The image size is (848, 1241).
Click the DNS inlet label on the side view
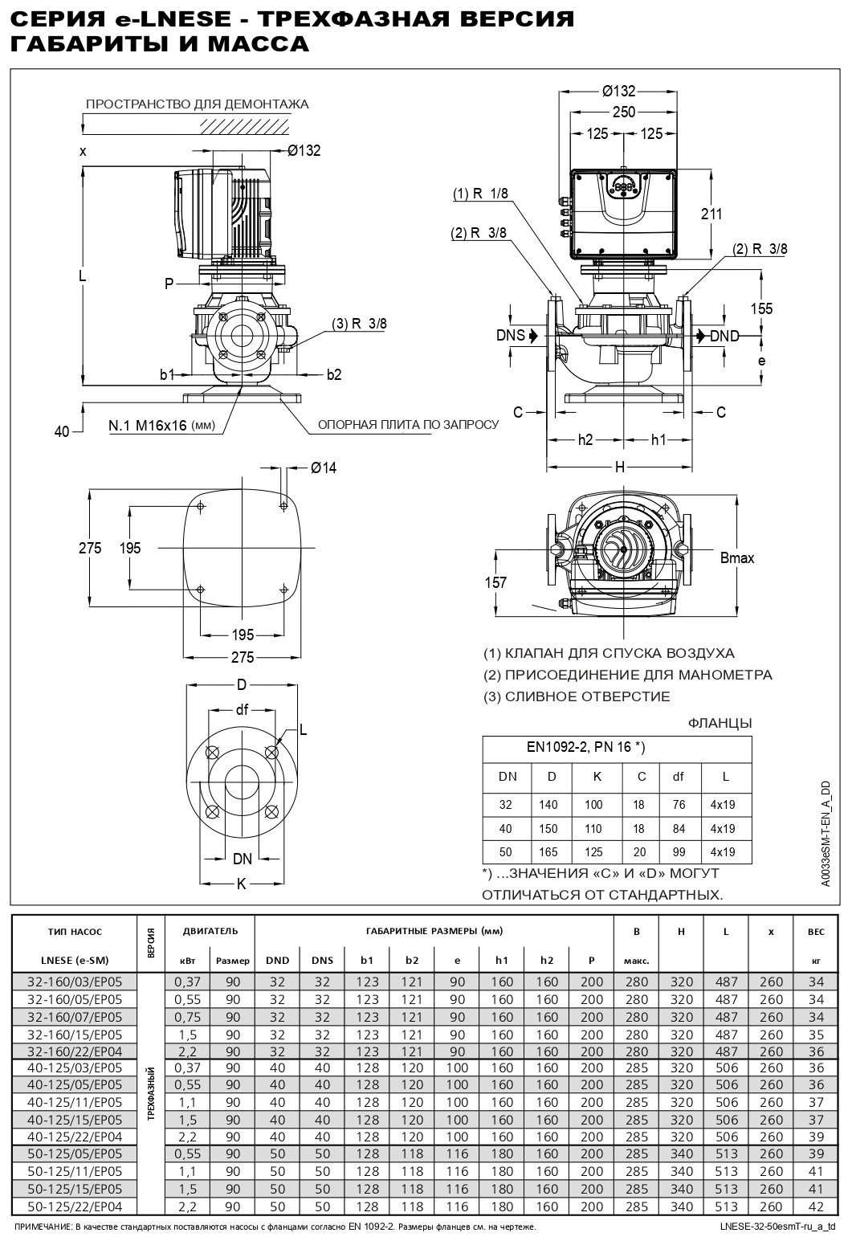(510, 335)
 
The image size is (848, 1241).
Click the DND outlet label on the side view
(724, 336)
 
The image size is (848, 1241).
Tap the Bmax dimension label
(737, 558)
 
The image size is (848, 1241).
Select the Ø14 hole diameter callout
(323, 467)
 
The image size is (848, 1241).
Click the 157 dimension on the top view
(496, 582)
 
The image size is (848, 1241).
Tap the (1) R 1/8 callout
(480, 194)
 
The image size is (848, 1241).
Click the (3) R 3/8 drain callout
(359, 324)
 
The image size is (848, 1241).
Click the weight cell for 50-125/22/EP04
(816, 1206)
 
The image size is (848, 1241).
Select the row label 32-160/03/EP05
(75, 981)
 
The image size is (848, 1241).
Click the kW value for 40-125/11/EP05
(187, 1102)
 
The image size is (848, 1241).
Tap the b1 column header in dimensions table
(367, 960)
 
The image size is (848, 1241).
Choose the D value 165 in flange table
(552, 851)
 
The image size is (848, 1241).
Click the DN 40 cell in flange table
(507, 828)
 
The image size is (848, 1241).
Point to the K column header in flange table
(596, 776)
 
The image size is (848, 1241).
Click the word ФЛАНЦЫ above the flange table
(720, 723)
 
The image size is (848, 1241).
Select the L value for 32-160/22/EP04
(726, 1051)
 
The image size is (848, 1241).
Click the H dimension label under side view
(620, 467)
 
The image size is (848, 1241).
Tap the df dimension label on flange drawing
(243, 708)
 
